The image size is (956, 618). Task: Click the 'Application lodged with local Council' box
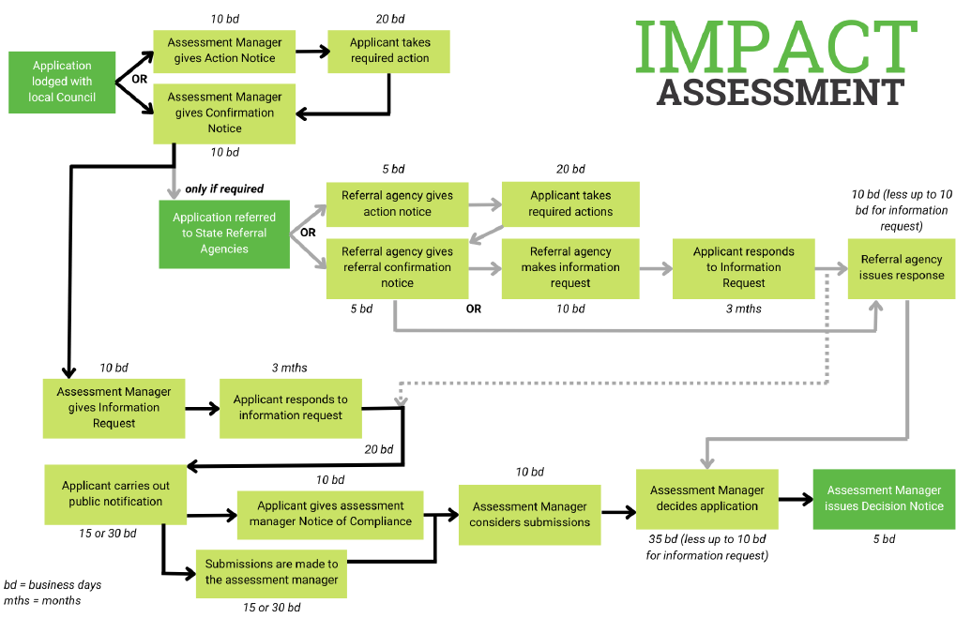[x=62, y=82]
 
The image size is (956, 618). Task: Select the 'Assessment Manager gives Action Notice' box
[x=224, y=51]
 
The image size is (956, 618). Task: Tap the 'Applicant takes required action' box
[x=389, y=51]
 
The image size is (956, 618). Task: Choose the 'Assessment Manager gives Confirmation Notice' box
[x=224, y=113]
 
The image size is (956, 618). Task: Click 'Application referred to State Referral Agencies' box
[x=224, y=234]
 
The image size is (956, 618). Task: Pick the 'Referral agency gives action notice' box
[x=397, y=203]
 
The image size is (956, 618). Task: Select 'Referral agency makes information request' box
[x=570, y=267]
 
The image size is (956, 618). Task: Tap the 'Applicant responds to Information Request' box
[x=743, y=267]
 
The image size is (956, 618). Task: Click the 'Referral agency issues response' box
[x=902, y=267]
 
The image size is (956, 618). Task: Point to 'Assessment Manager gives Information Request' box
[x=114, y=407]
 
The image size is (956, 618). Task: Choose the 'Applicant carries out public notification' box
[x=115, y=493]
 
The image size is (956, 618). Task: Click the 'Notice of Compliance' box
[x=329, y=514]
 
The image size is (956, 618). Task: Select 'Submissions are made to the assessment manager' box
[x=271, y=572]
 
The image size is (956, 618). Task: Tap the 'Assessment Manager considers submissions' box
[x=529, y=514]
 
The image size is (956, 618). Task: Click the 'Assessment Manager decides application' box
[x=706, y=498]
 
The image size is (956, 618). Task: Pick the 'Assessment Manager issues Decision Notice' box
[x=884, y=498]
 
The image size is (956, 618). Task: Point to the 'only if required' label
[x=224, y=188]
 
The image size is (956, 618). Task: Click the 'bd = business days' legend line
[x=53, y=584]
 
